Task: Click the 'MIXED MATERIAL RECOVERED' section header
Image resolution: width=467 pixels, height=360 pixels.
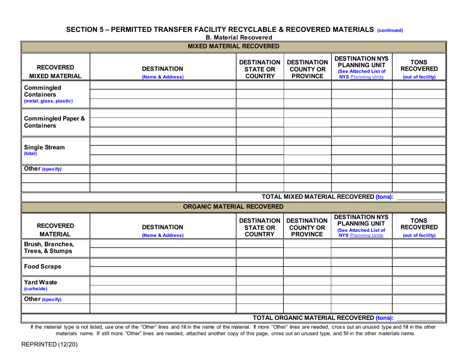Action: (233, 47)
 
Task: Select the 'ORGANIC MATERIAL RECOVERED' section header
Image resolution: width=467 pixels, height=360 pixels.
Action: (233, 206)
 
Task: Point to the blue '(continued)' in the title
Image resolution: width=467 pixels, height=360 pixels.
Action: (390, 30)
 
